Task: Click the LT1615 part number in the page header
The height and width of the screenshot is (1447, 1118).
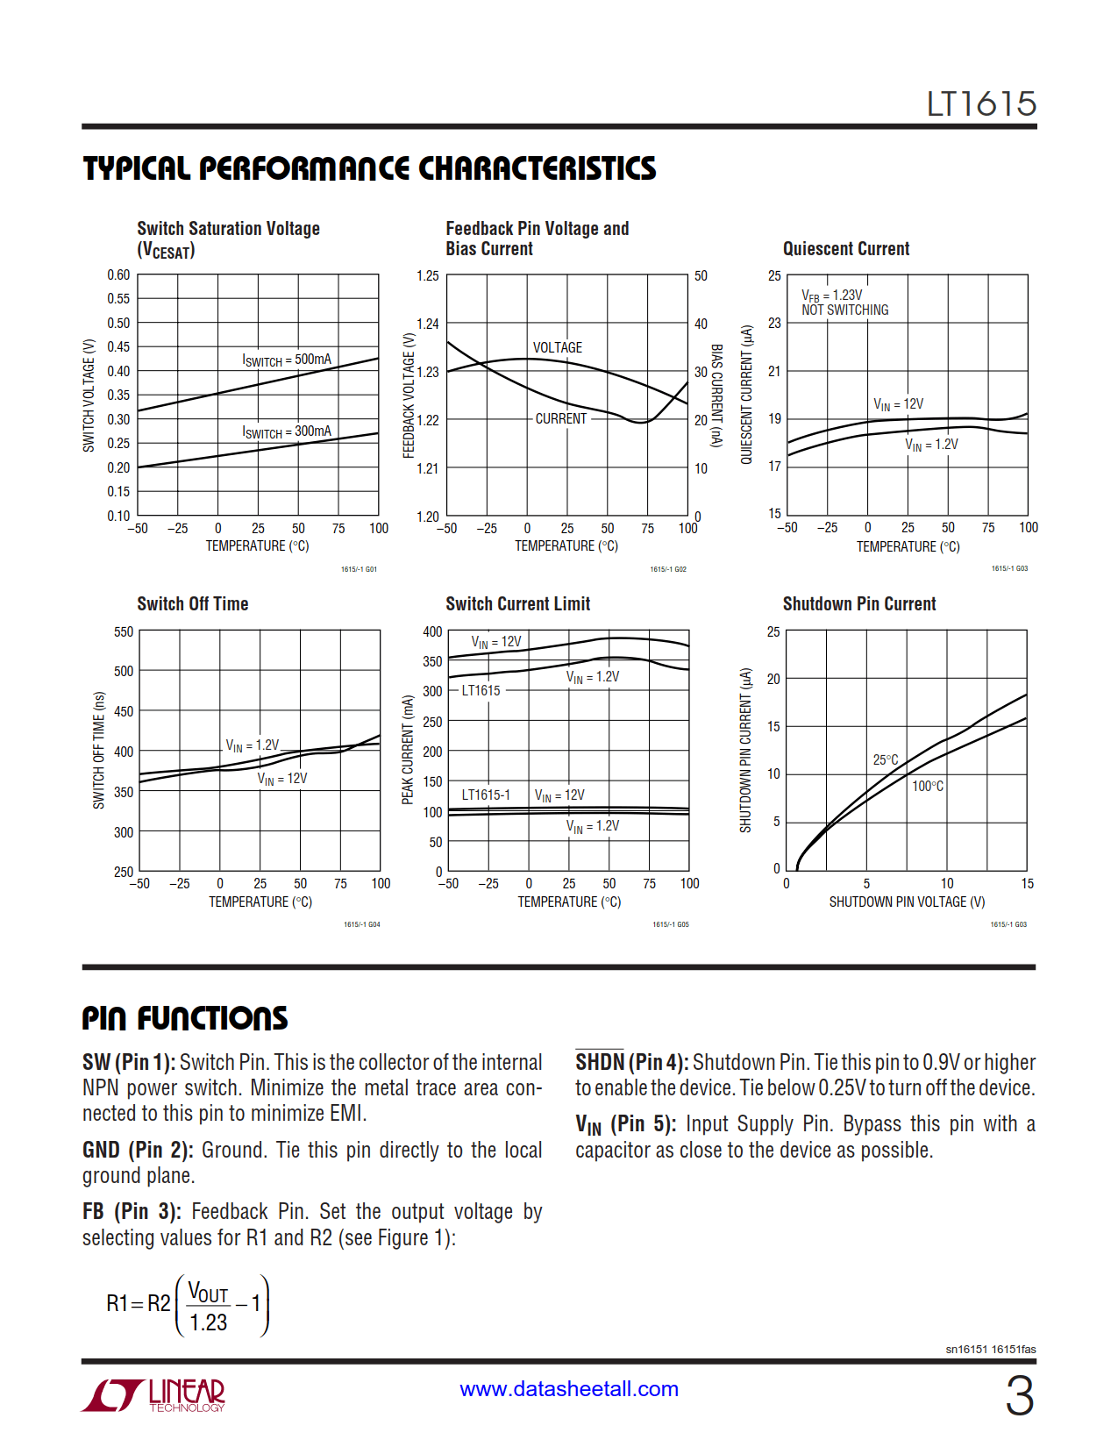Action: [x=981, y=104]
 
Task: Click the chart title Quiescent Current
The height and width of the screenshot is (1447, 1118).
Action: [x=845, y=249]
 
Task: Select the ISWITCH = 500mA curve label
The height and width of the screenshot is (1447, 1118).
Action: [x=287, y=360]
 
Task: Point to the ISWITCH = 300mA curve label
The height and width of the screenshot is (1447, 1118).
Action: [x=287, y=431]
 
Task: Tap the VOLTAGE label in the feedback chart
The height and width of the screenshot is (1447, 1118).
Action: [x=557, y=347]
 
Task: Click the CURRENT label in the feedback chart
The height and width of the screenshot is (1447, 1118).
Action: [x=560, y=419]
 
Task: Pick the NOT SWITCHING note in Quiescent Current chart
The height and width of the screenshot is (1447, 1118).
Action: [x=844, y=310]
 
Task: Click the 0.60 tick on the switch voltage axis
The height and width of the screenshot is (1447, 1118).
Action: [x=118, y=275]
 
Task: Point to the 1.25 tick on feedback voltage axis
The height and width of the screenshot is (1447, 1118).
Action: [x=427, y=276]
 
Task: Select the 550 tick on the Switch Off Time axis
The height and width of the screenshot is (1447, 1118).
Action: [x=124, y=632]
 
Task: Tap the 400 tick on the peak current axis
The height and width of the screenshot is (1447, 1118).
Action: [x=432, y=632]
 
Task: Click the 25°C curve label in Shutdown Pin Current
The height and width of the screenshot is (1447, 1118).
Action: [x=885, y=760]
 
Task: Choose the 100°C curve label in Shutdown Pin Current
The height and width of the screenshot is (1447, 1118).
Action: [x=927, y=787]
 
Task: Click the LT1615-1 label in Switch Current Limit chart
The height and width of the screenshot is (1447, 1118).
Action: [x=486, y=795]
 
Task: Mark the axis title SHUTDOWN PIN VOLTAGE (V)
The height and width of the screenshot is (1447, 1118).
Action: [x=907, y=902]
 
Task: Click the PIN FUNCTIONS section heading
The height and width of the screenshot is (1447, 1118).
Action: [x=184, y=1018]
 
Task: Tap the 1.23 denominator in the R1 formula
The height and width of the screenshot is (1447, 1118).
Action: [x=208, y=1322]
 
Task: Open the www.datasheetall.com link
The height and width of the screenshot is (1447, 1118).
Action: [x=568, y=1389]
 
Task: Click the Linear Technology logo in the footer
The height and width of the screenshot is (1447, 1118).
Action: [x=154, y=1394]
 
